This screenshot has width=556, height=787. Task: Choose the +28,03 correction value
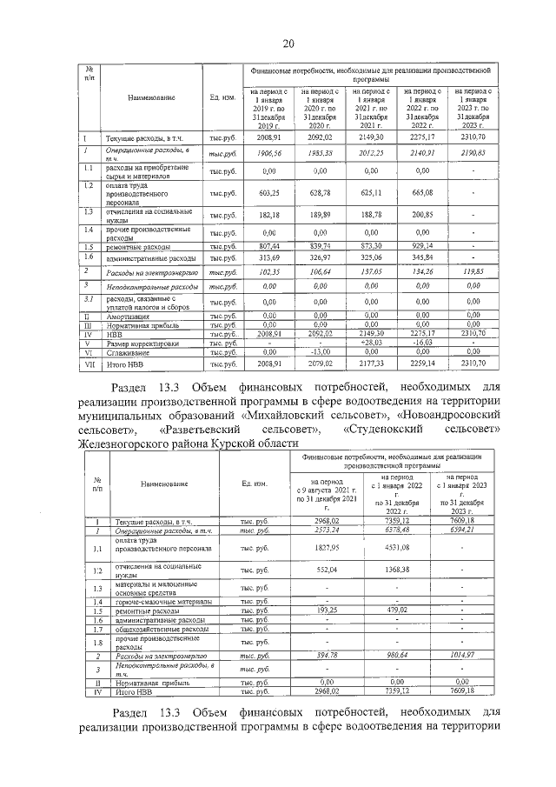(x=371, y=343)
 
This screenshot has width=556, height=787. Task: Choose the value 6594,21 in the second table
(x=468, y=529)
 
